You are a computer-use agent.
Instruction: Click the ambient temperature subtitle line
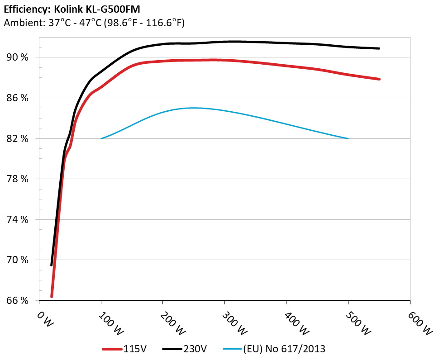tap(94, 23)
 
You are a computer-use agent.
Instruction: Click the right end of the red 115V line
tap(379, 79)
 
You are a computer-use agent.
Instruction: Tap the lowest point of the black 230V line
tap(52, 265)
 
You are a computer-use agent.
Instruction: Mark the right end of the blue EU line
tap(348, 138)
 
